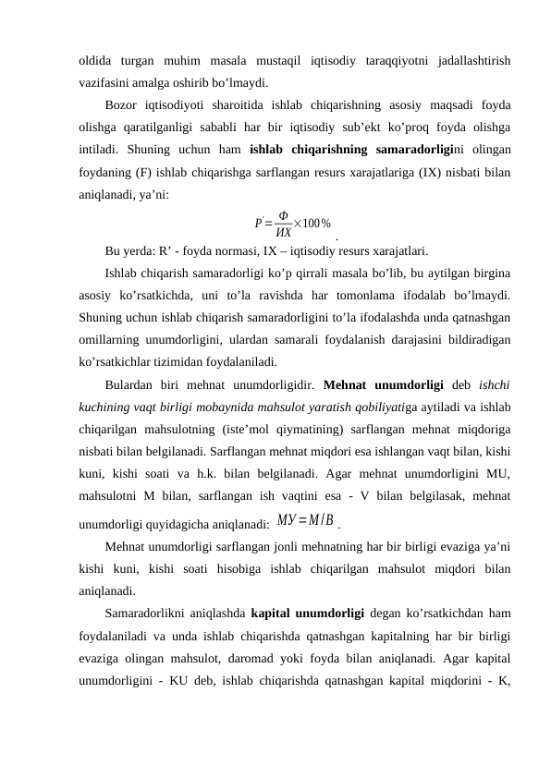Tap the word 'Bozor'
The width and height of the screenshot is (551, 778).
pyautogui.click(x=123, y=104)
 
